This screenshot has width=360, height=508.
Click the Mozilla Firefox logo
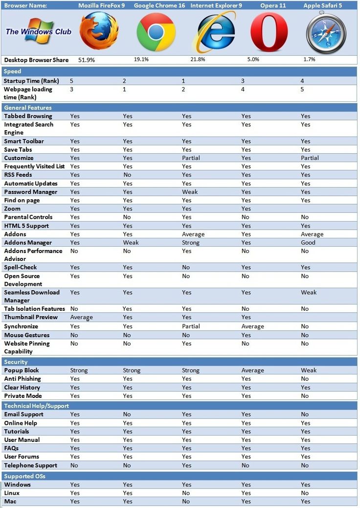pos(99,31)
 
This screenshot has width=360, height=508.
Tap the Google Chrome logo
pos(156,32)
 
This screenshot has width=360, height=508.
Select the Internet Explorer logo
pos(214,32)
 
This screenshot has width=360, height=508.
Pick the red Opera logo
pos(269,32)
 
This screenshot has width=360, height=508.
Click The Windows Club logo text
pos(38,31)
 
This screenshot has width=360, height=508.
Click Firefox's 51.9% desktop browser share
pos(87,60)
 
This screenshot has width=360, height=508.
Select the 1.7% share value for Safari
pos(309,59)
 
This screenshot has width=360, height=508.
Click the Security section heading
pos(16,362)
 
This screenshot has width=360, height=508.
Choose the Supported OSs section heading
pos(24,476)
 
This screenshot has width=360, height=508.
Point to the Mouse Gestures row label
pos(27,335)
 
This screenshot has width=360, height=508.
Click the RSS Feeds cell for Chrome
pos(127,175)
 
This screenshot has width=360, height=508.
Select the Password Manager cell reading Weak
pos(190,192)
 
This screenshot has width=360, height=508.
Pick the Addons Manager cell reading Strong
pos(190,242)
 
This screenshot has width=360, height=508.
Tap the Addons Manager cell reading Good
pos(308,242)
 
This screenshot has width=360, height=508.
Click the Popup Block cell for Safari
pos(309,370)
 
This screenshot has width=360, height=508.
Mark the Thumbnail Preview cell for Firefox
pos(82,317)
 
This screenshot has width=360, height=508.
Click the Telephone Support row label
pos(31,465)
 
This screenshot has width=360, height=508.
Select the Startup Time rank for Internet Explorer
pos(184,81)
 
